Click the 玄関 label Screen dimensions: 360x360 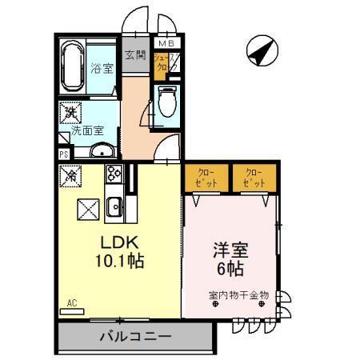pyautogui.click(x=135, y=56)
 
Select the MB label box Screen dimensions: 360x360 pyautogui.click(x=166, y=44)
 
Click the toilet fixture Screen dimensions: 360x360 pyautogui.click(x=167, y=102)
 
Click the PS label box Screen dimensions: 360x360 pyautogui.click(x=63, y=154)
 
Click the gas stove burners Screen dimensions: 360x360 pyautogui.click(x=113, y=174)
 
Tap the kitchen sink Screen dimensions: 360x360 pyautogui.click(x=114, y=206)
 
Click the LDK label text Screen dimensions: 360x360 pyautogui.click(x=120, y=242)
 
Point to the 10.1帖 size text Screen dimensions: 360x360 pyautogui.click(x=121, y=261)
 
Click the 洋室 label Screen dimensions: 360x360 pyautogui.click(x=230, y=250)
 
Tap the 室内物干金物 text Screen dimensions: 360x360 pyautogui.click(x=238, y=295)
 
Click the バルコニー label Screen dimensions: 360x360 pyautogui.click(x=135, y=336)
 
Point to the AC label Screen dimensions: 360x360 pyautogui.click(x=71, y=303)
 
